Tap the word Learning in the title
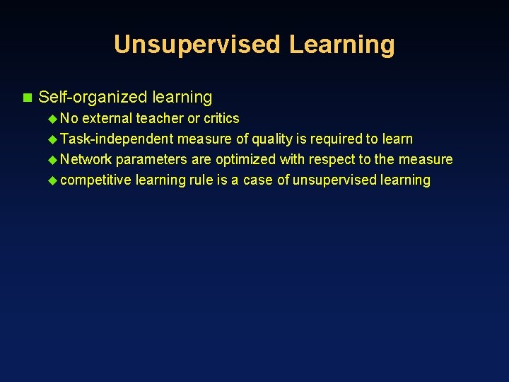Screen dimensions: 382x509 click(x=341, y=45)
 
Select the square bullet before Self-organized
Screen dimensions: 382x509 click(x=28, y=97)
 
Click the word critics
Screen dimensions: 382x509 click(x=221, y=118)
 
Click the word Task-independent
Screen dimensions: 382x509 click(x=117, y=139)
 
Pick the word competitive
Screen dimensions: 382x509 click(x=96, y=180)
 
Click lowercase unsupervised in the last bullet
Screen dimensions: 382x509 click(x=334, y=180)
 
